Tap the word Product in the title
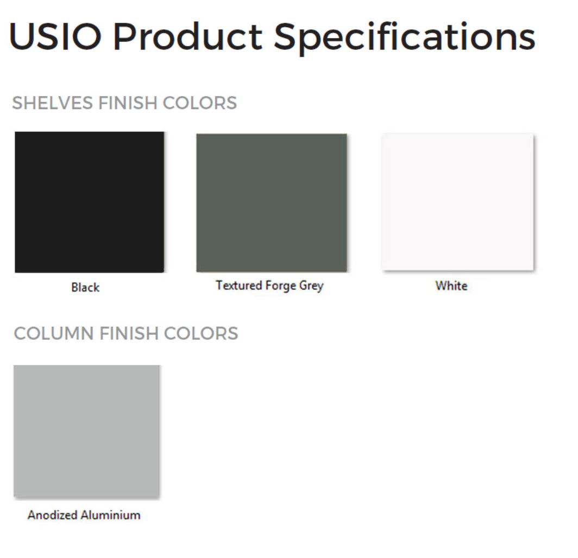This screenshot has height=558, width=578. tap(187, 36)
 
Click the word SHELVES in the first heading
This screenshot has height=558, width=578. tap(52, 103)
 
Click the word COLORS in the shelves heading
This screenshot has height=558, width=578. tap(200, 103)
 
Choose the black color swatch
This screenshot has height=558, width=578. tap(90, 202)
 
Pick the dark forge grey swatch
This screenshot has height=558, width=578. tap(272, 202)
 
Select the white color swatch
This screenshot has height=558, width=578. tap(457, 201)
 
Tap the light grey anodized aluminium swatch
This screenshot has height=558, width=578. tap(86, 431)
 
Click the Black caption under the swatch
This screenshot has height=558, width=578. tap(85, 287)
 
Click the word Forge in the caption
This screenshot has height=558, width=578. tap(281, 286)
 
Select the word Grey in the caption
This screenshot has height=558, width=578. tap(311, 286)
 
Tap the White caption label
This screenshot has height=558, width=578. tap(451, 286)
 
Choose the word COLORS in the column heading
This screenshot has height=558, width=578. tap(201, 333)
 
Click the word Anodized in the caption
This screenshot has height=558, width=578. tap(52, 515)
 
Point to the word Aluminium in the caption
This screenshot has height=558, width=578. tap(111, 515)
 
